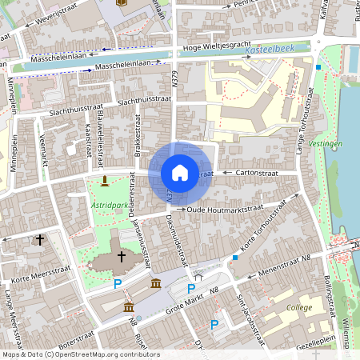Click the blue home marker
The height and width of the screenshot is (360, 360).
click(180, 173)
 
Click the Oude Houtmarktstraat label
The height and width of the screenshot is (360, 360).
click(224, 210)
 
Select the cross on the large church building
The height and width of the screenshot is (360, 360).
click(122, 256)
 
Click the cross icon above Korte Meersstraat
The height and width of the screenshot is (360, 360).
click(39, 238)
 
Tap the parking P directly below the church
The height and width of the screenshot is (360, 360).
click(118, 284)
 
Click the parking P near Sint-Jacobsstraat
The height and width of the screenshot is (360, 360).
click(214, 324)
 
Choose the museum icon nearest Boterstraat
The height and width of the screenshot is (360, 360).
click(128, 308)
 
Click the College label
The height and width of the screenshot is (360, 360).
click(300, 306)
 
